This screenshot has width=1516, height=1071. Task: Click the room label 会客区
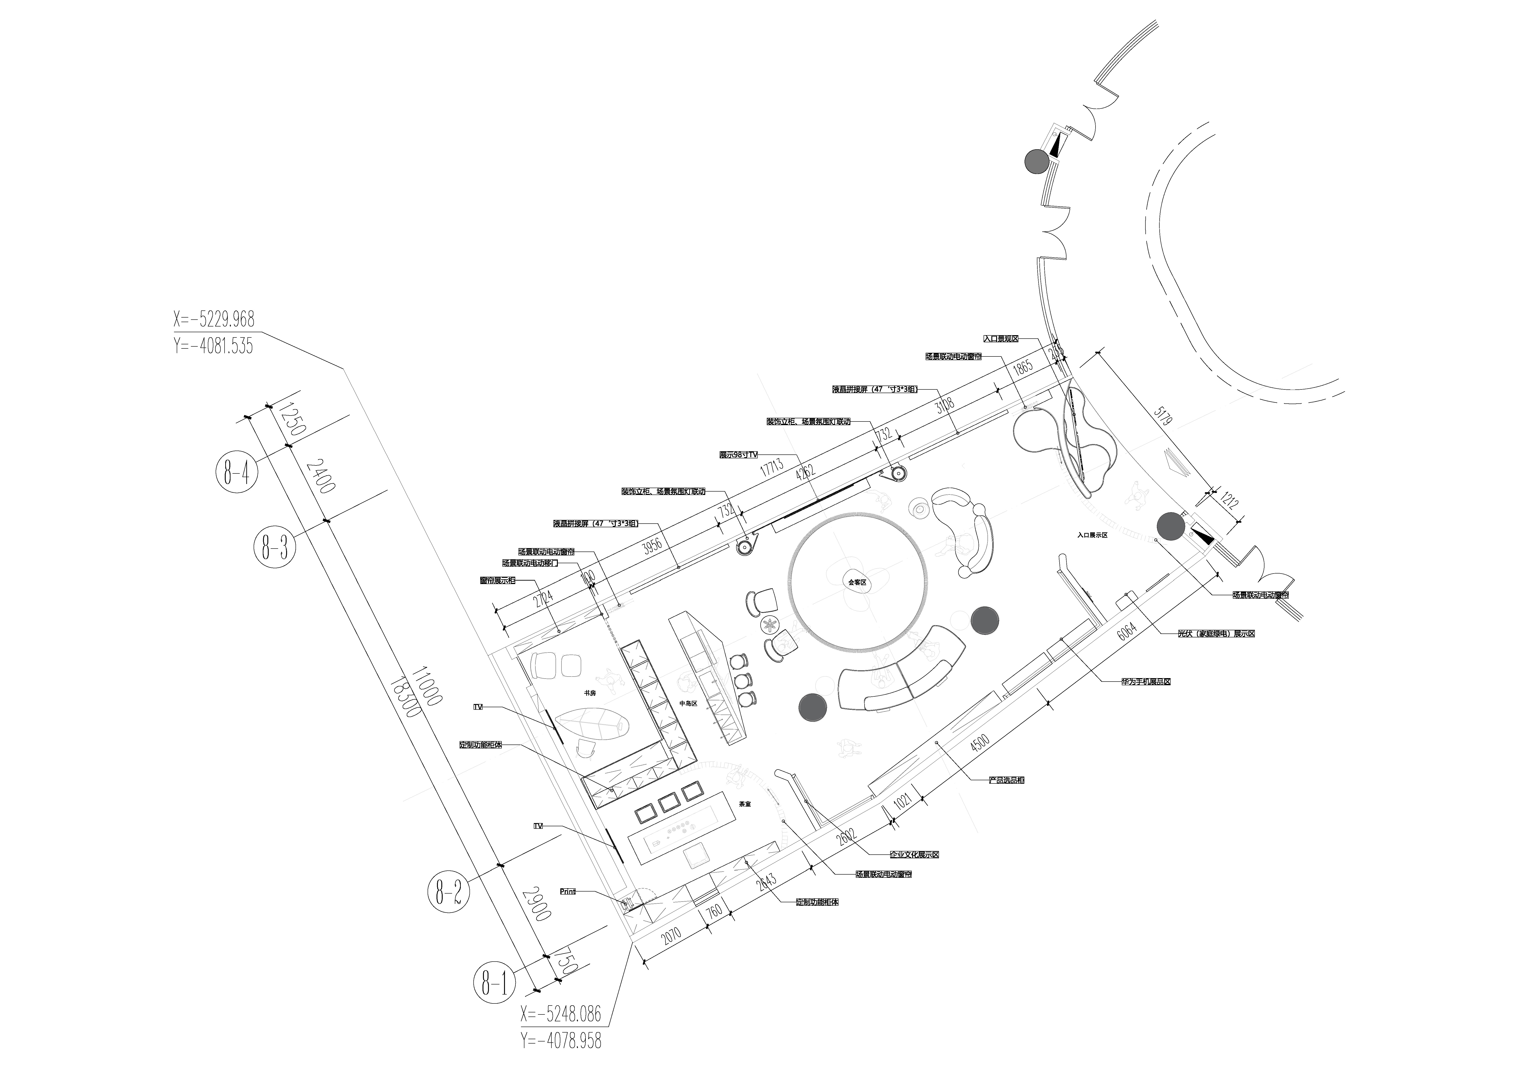(857, 582)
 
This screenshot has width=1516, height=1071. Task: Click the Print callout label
(568, 892)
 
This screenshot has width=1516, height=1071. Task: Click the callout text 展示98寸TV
(739, 455)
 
